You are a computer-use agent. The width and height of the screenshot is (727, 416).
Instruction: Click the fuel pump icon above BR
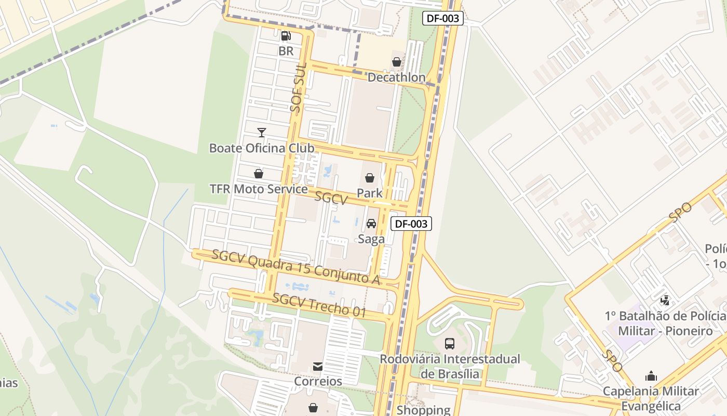286,36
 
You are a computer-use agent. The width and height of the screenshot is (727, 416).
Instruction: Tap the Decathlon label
396,77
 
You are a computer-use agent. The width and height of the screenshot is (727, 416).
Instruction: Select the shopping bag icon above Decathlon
397,62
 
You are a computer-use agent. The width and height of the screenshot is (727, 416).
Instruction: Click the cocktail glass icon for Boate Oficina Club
262,133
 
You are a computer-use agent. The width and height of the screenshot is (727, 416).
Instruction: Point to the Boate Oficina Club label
262,148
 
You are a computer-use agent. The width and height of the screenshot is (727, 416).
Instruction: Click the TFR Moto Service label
259,189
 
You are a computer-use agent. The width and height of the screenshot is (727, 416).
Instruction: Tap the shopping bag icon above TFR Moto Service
259,174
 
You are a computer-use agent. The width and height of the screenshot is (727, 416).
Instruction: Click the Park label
369,193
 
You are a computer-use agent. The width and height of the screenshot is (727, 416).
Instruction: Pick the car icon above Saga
371,224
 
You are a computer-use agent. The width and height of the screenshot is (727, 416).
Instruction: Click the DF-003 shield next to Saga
411,224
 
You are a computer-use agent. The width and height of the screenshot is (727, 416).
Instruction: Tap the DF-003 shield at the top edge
442,18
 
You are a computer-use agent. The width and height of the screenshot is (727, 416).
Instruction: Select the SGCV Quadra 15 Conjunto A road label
296,267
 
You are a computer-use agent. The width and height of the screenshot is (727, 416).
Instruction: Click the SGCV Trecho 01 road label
319,306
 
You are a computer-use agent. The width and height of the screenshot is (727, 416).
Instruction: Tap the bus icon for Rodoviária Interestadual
450,344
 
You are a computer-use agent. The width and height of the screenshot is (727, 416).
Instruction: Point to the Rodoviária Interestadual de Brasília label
450,367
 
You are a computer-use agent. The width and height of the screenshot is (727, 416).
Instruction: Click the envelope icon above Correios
318,367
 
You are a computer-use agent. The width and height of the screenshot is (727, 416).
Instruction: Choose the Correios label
318,381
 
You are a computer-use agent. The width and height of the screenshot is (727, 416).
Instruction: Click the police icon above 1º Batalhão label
665,300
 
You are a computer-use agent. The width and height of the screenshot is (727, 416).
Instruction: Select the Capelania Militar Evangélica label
651,398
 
